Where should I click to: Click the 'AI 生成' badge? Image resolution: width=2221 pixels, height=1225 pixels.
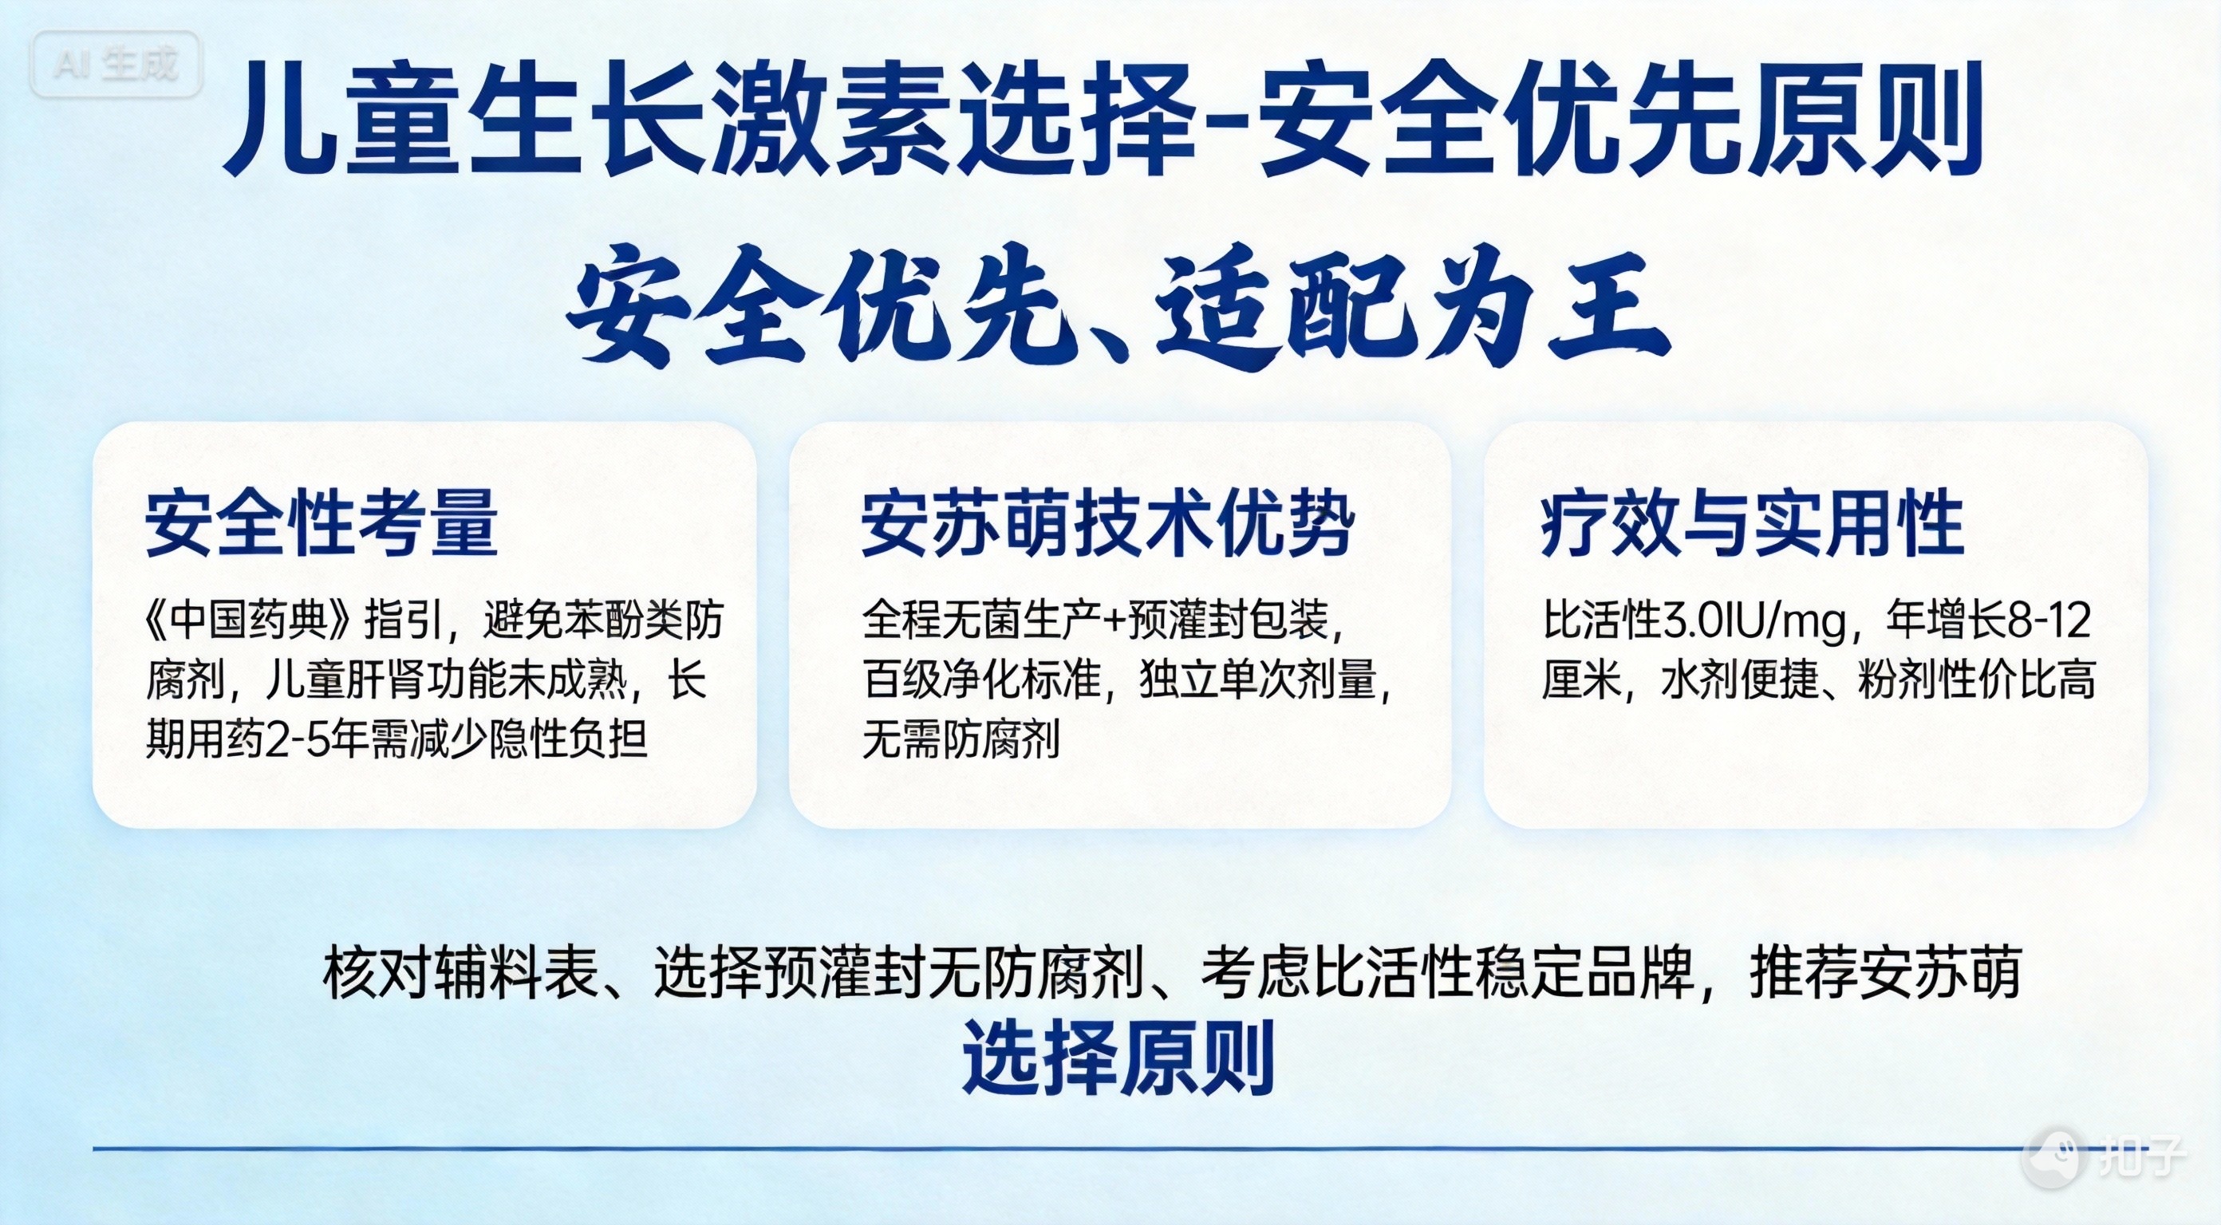coord(116,64)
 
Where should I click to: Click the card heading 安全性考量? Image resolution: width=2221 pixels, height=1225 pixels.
coord(322,522)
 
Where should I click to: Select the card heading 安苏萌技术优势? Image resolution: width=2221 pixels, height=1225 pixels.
coord(1108,522)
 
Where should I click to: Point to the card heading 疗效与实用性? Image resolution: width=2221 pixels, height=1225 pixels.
coord(1752,522)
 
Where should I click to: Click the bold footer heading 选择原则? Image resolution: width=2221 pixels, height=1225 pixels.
coord(1118,1057)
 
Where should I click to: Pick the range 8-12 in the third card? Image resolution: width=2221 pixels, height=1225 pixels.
coord(2050,620)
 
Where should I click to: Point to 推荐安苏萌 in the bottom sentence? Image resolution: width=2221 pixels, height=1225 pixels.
coord(1886,972)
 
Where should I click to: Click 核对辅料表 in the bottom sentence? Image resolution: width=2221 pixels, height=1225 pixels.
coord(460,972)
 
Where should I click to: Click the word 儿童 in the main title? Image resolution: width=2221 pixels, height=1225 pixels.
coord(338,118)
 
